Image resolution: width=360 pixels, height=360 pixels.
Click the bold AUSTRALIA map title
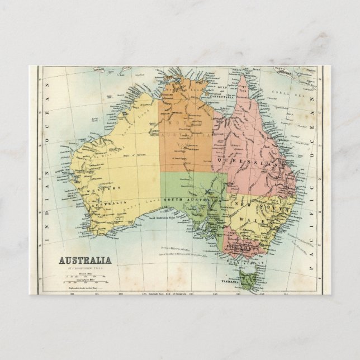[x=85, y=260]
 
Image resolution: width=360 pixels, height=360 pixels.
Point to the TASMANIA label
[x=233, y=282]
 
